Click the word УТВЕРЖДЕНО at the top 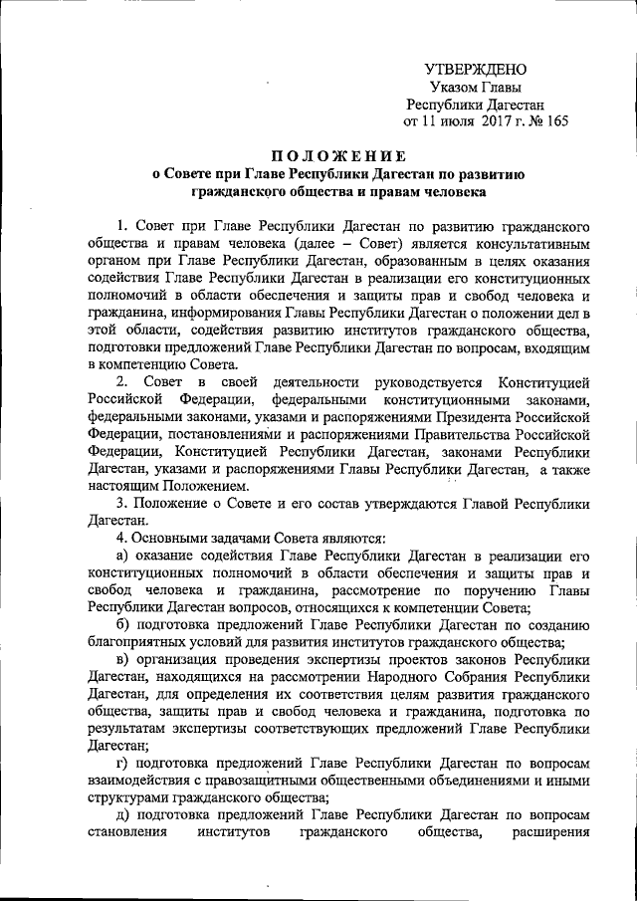tap(476, 70)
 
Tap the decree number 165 tap(556, 122)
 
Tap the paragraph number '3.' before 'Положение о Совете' tap(122, 504)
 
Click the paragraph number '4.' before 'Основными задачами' tap(122, 539)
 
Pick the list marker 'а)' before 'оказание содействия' tap(123, 556)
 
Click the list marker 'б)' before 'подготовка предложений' tap(123, 624)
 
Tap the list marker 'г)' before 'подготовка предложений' tap(122, 763)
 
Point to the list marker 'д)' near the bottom tap(123, 814)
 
